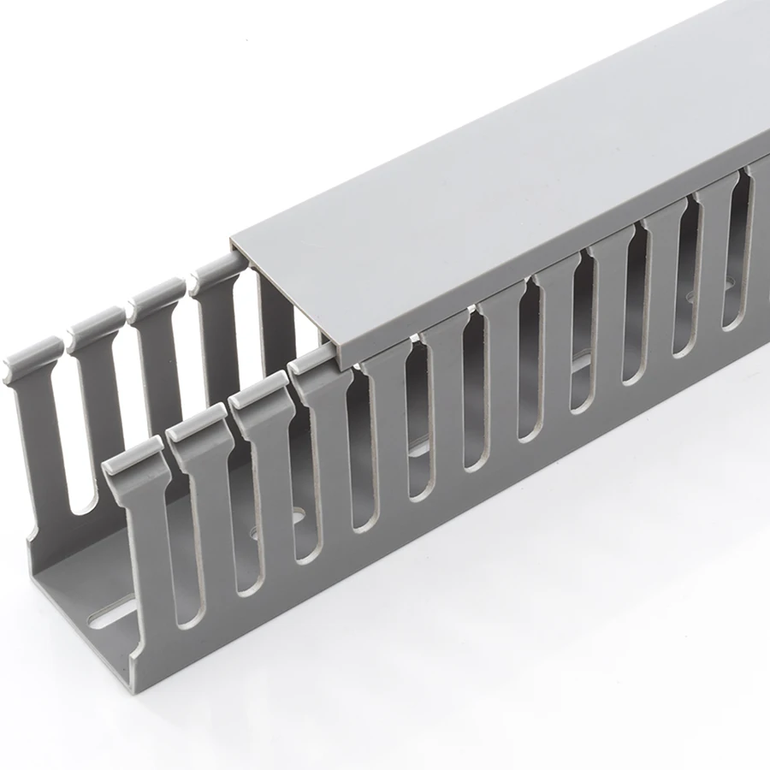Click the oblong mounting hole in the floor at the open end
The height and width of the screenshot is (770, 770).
pos(111,614)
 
